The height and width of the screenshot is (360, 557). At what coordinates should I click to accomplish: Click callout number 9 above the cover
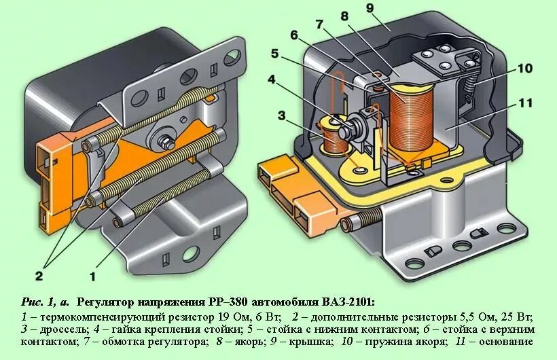pos(389,8)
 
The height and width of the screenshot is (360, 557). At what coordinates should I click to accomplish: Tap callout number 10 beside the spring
pos(524,68)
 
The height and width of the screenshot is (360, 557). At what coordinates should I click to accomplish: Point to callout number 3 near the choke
pos(281,115)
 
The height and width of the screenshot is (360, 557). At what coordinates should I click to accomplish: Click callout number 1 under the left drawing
pos(93,276)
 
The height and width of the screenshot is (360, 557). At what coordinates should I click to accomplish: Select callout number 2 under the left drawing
pos(39,275)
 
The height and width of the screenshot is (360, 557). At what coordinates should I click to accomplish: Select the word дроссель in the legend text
pos(55,329)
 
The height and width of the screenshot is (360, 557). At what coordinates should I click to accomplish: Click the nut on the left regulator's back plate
pos(164,143)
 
